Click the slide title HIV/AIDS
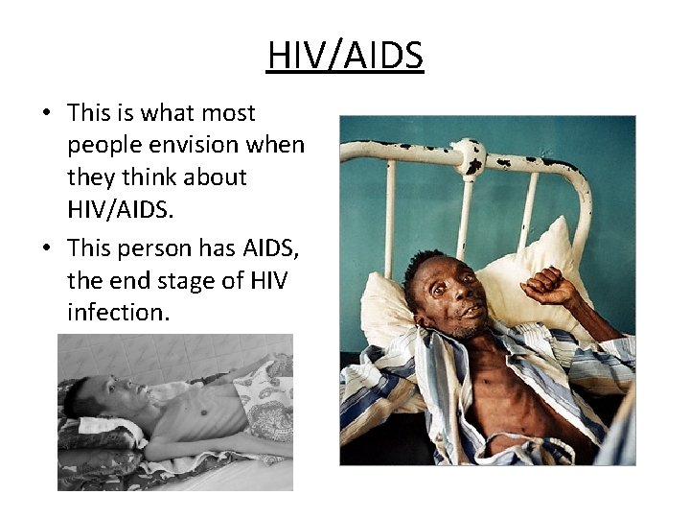345,57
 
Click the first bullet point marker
46,114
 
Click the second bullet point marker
46,248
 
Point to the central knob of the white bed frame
470,155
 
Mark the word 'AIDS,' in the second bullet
267,247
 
